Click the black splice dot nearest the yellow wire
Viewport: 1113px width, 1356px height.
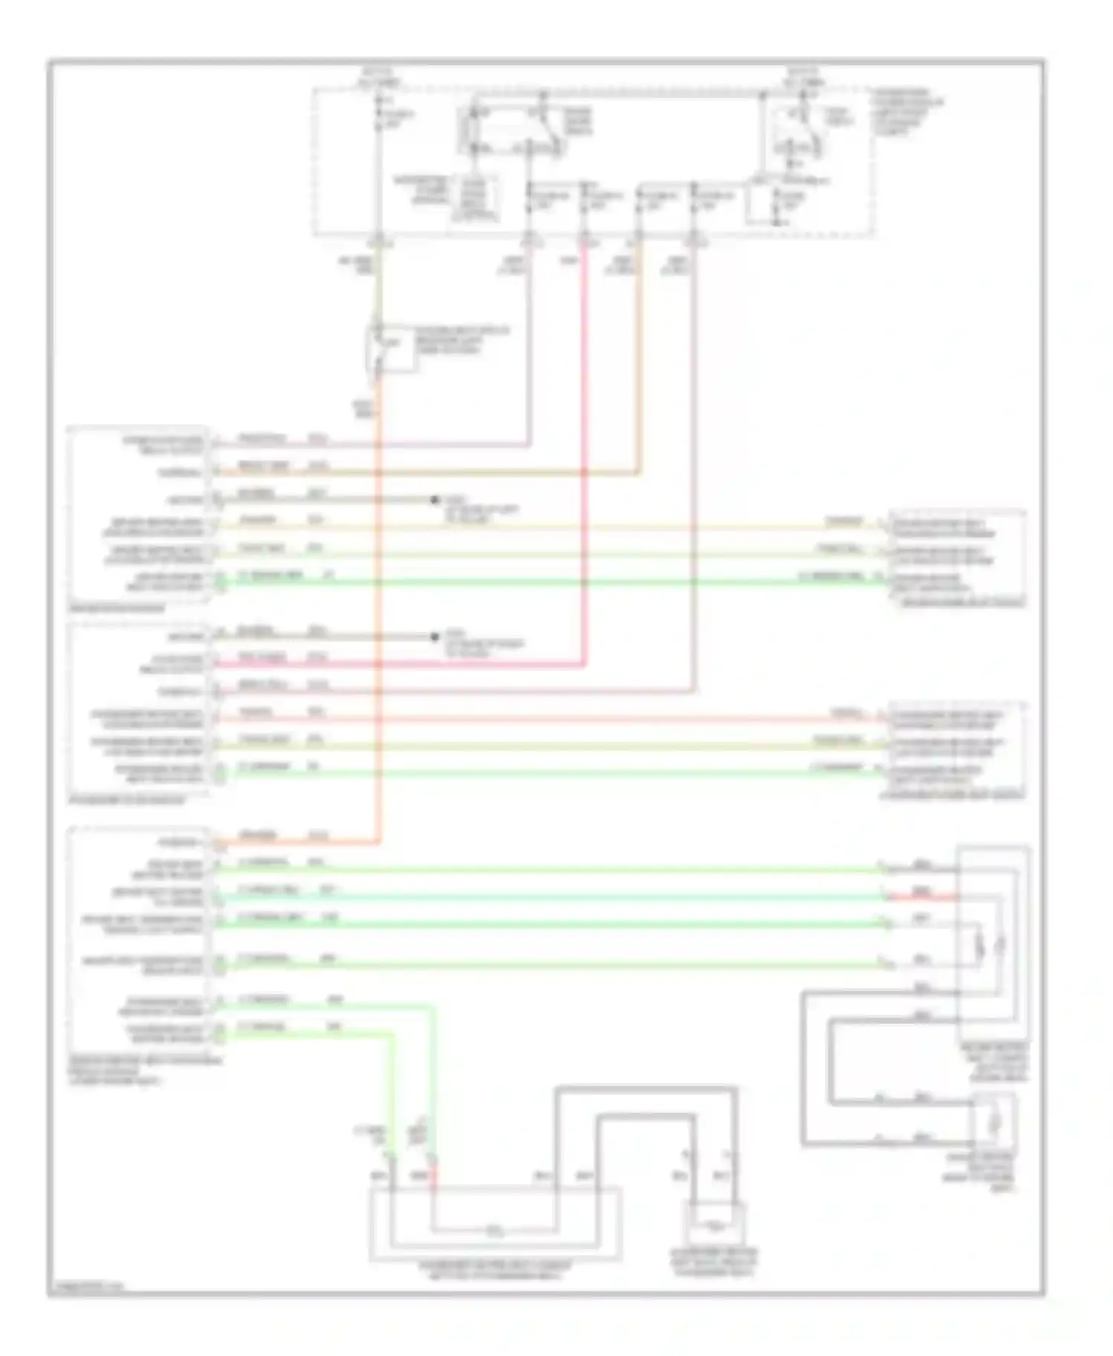click(x=436, y=500)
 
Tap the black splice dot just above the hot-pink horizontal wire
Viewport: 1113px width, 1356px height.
click(x=436, y=636)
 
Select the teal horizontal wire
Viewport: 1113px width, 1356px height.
click(x=549, y=897)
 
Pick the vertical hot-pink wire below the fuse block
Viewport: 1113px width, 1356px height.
click(x=585, y=445)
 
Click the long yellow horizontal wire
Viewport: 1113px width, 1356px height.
click(x=549, y=527)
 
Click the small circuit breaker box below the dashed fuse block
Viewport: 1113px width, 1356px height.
click(x=392, y=347)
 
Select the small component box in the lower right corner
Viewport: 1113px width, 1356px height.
click(x=994, y=1121)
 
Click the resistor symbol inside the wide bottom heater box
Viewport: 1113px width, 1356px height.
click(x=494, y=1232)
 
